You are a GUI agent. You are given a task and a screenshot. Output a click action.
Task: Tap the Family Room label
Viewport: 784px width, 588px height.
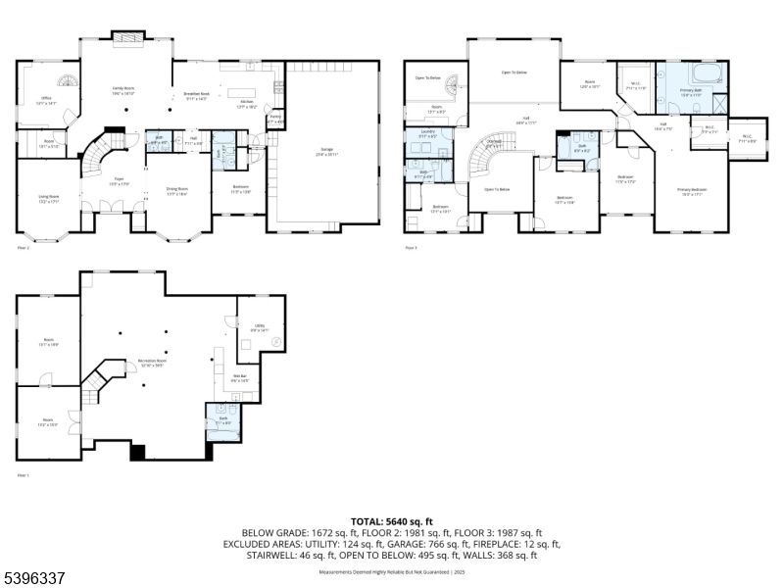(122, 90)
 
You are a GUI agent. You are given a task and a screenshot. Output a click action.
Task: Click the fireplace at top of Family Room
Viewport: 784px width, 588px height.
(127, 37)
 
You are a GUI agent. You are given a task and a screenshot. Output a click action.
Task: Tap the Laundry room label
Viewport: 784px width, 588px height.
(427, 134)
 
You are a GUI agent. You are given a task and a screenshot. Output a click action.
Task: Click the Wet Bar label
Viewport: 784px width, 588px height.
(240, 377)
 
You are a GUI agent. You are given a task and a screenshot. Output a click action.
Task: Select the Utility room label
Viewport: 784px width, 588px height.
(259, 329)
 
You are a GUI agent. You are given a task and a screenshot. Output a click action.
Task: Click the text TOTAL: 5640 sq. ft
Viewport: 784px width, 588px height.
(391, 520)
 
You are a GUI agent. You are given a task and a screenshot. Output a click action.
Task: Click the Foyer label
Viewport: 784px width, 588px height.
(117, 180)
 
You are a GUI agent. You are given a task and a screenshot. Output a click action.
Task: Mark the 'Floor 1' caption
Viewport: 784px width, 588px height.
(24, 475)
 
